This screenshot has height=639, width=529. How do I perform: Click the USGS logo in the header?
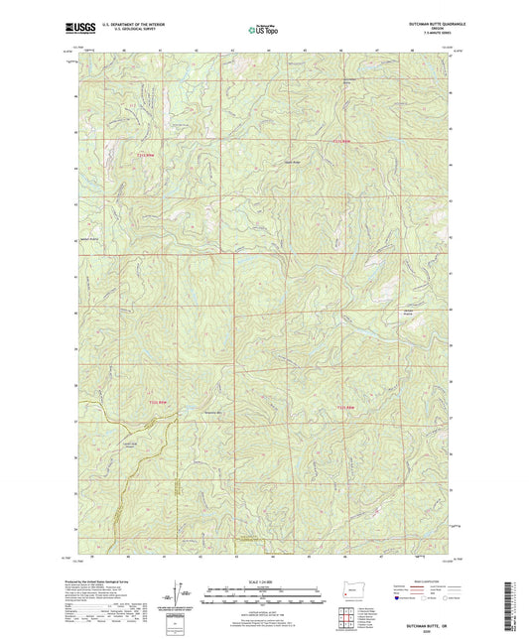click(76, 30)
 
